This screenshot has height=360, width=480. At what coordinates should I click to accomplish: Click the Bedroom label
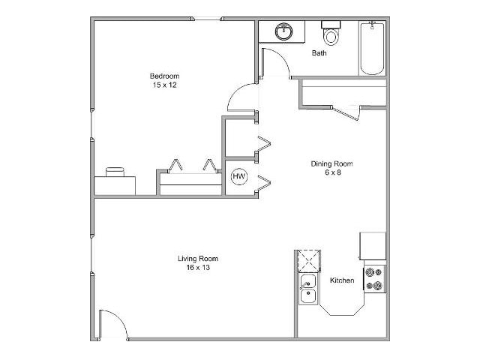pyautogui.click(x=164, y=76)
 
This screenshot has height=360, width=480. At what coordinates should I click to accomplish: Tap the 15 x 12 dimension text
pyautogui.click(x=164, y=85)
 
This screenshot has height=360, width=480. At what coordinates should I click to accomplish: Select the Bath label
pyautogui.click(x=319, y=53)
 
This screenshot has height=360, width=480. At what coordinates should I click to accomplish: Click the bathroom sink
pyautogui.click(x=283, y=32)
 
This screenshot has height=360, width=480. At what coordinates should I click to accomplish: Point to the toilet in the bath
pyautogui.click(x=331, y=35)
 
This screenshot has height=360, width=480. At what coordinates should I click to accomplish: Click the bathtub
pyautogui.click(x=371, y=49)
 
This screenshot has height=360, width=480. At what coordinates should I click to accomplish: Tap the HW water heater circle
pyautogui.click(x=239, y=177)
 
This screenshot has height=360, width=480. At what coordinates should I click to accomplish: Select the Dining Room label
pyautogui.click(x=331, y=163)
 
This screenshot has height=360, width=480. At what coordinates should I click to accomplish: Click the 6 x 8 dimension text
pyautogui.click(x=331, y=173)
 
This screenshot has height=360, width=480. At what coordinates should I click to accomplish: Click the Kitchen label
pyautogui.click(x=342, y=280)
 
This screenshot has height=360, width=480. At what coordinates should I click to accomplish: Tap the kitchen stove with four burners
pyautogui.click(x=373, y=278)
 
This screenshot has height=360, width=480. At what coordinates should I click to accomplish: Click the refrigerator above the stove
pyautogui.click(x=373, y=245)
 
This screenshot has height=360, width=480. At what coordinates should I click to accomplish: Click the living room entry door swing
pyautogui.click(x=112, y=324)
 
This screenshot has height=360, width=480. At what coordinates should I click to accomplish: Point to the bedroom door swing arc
pyautogui.click(x=241, y=98)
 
